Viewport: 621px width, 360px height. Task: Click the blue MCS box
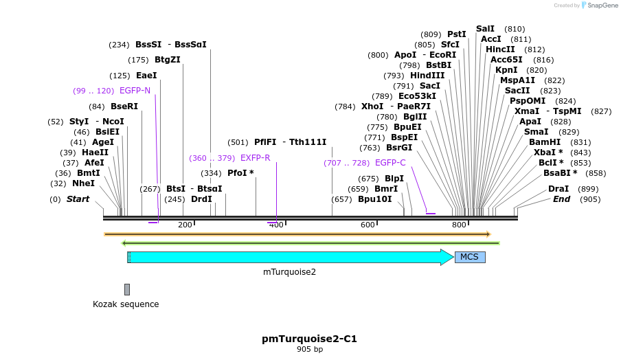[x=470, y=257]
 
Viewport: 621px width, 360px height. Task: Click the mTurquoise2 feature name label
[x=289, y=272]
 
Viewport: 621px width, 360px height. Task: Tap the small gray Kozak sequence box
[x=127, y=289]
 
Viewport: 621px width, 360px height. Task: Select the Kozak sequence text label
[x=126, y=304]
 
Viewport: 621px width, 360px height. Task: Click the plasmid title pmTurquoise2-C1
[x=309, y=339]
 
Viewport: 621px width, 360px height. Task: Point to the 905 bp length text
[x=309, y=350]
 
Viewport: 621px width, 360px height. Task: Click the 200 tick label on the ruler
[x=185, y=225]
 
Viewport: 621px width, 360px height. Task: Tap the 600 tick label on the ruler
[x=368, y=225]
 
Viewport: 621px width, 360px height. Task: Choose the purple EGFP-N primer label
[x=135, y=91]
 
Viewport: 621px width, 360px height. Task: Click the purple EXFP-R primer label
[x=255, y=158]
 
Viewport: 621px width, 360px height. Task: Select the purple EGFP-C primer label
[x=390, y=163]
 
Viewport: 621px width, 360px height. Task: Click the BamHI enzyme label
[x=545, y=142]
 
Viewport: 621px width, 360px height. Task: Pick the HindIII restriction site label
[x=427, y=76]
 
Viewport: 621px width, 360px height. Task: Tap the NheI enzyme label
[x=83, y=183]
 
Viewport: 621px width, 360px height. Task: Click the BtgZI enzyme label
[x=168, y=60]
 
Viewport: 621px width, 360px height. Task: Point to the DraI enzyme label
[x=558, y=189]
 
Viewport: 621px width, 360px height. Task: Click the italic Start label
[x=78, y=199]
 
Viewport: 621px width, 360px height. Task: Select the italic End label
[x=561, y=199]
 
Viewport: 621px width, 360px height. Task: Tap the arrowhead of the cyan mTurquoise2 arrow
[x=448, y=257]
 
